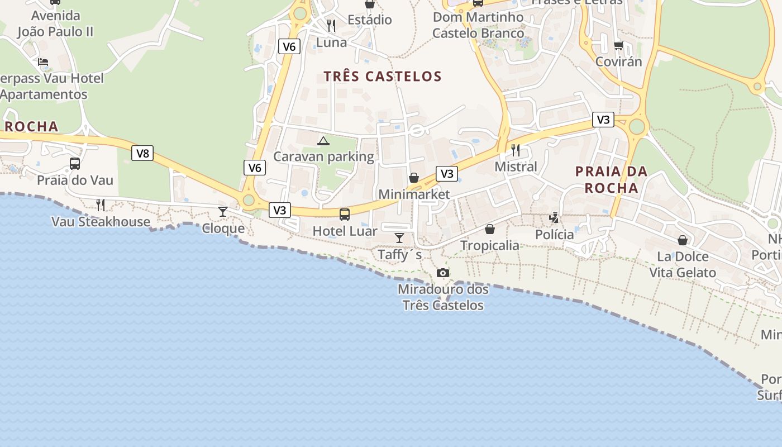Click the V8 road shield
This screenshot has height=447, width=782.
tap(142, 153)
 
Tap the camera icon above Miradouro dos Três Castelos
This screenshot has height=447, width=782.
tap(443, 273)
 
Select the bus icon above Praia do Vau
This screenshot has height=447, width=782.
tap(74, 164)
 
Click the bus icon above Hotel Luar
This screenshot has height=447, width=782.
tap(345, 214)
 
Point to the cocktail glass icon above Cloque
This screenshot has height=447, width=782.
tap(223, 211)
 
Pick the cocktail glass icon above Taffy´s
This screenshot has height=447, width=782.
tap(399, 238)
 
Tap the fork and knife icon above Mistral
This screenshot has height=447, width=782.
tap(516, 150)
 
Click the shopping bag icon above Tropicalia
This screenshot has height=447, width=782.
tap(490, 229)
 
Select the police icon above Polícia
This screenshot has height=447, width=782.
tap(554, 218)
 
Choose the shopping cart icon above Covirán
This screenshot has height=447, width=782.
tap(618, 45)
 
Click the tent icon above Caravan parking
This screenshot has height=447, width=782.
tap(323, 141)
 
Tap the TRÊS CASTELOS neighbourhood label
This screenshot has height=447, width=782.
tap(383, 77)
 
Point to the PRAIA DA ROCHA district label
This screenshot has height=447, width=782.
tap(611, 179)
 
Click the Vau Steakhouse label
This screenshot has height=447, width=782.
tap(101, 222)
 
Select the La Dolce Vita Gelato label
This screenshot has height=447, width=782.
tap(683, 265)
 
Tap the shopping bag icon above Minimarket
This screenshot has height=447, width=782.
tap(414, 178)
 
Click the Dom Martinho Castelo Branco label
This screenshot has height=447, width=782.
tap(479, 25)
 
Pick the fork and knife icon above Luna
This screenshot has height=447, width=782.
tap(331, 25)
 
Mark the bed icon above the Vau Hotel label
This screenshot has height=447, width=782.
tap(43, 62)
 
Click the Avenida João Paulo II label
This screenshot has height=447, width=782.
tap(55, 24)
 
